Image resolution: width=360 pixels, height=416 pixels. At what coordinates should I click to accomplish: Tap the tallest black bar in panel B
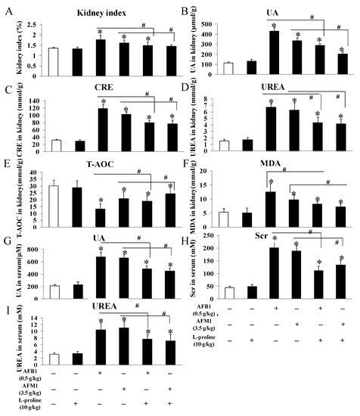point(275,52)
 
